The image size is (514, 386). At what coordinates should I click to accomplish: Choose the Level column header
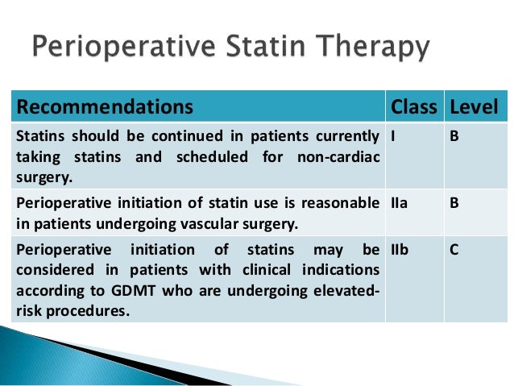(474, 106)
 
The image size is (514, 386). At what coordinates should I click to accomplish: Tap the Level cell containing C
(454, 251)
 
